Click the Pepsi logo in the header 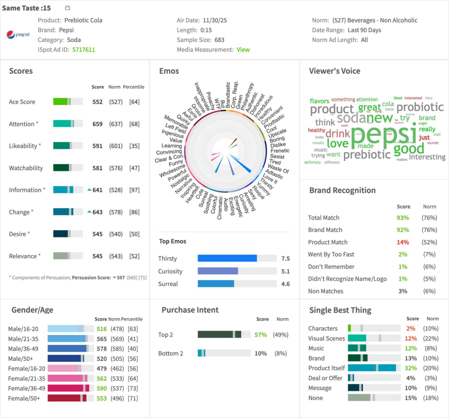click(x=18, y=35)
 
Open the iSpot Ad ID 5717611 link click(x=83, y=50)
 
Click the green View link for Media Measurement click(x=243, y=50)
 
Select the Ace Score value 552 click(x=97, y=102)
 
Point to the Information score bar click(x=68, y=190)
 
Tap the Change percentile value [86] click(x=134, y=212)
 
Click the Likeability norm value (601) click(x=116, y=146)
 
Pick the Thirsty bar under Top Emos click(x=227, y=258)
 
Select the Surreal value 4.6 click(x=285, y=284)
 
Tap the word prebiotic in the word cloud click(x=367, y=154)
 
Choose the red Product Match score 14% click(x=403, y=242)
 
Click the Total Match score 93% click(x=403, y=218)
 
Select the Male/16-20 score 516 click(x=102, y=329)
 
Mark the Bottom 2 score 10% click(x=260, y=354)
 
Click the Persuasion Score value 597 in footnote click(x=121, y=278)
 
